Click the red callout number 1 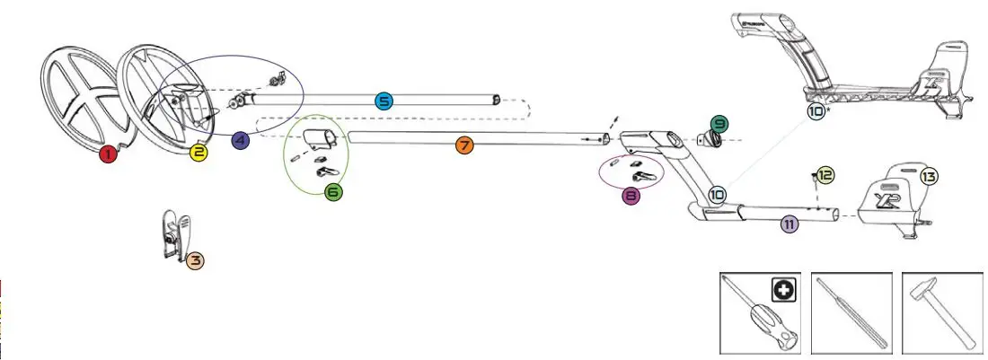tap(109, 154)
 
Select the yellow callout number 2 tap(199, 153)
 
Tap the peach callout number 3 tap(195, 260)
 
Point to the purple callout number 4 tap(240, 140)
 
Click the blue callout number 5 tap(384, 101)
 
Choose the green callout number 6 tap(333, 190)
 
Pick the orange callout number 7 tap(463, 145)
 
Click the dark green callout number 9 tap(719, 123)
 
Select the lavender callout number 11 tap(790, 224)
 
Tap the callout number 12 tap(825, 175)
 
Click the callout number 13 tap(929, 177)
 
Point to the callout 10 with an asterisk tap(816, 111)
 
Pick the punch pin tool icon tap(852, 314)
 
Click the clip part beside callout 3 tap(174, 236)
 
